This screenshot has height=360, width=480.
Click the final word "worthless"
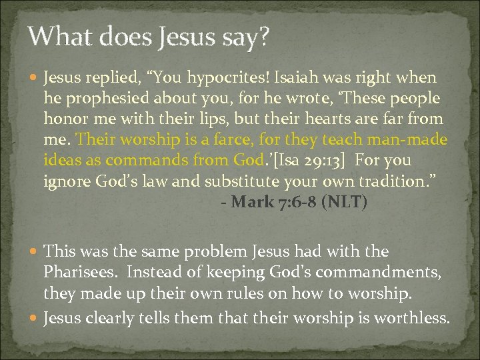pyautogui.click(x=413, y=319)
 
